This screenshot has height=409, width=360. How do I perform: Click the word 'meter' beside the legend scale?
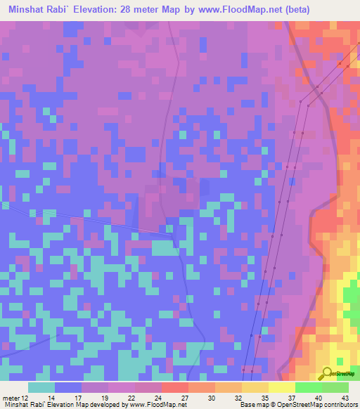coord(11,397)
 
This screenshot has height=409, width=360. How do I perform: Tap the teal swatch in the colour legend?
coord(41,387)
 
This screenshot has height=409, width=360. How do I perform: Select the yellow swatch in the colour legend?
coord(282,387)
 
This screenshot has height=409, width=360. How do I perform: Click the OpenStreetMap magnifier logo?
coord(327,373)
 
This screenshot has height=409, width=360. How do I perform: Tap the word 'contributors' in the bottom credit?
coord(337,405)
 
